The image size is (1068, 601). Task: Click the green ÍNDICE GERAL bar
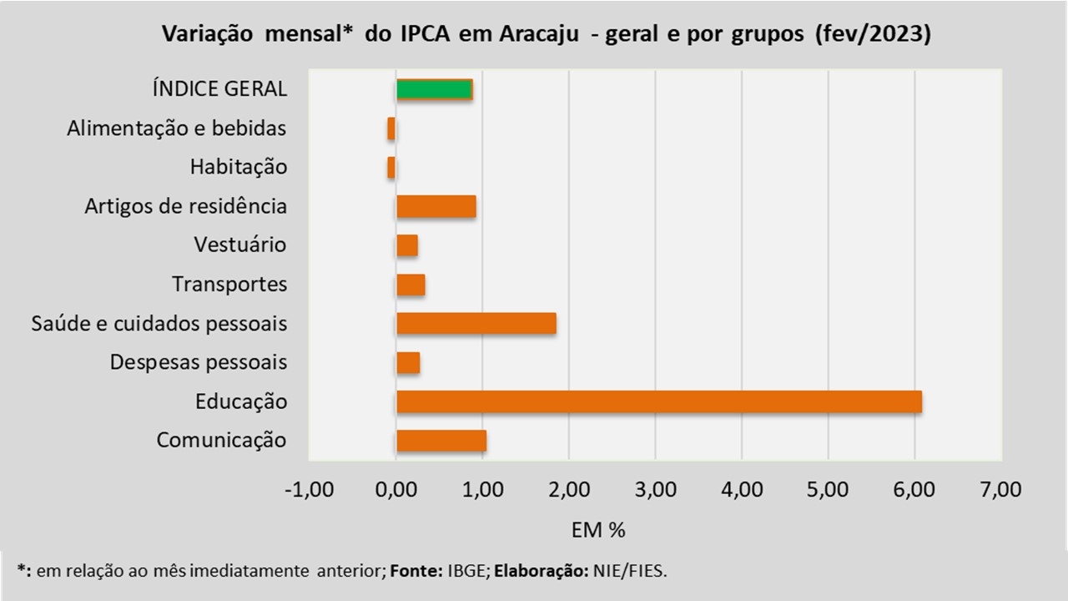[x=434, y=89]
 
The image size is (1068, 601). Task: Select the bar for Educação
[x=658, y=402]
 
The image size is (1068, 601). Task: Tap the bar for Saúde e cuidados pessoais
[x=476, y=323]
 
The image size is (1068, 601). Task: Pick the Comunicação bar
[x=441, y=441]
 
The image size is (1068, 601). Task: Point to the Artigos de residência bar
[x=436, y=206]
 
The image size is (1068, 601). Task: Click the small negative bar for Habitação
[x=391, y=167]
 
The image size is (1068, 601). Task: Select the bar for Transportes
[x=411, y=285]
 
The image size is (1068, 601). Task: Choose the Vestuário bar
[x=406, y=245]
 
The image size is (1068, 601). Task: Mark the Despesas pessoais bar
[x=408, y=362]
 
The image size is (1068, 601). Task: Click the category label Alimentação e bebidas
[x=177, y=129]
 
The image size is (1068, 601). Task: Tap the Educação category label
[x=241, y=402]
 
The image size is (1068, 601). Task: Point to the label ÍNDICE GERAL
[x=219, y=89]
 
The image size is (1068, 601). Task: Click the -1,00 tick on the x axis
[x=309, y=489]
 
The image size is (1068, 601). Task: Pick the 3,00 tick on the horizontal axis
[x=656, y=489]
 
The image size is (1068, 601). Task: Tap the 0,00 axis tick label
[x=395, y=489]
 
